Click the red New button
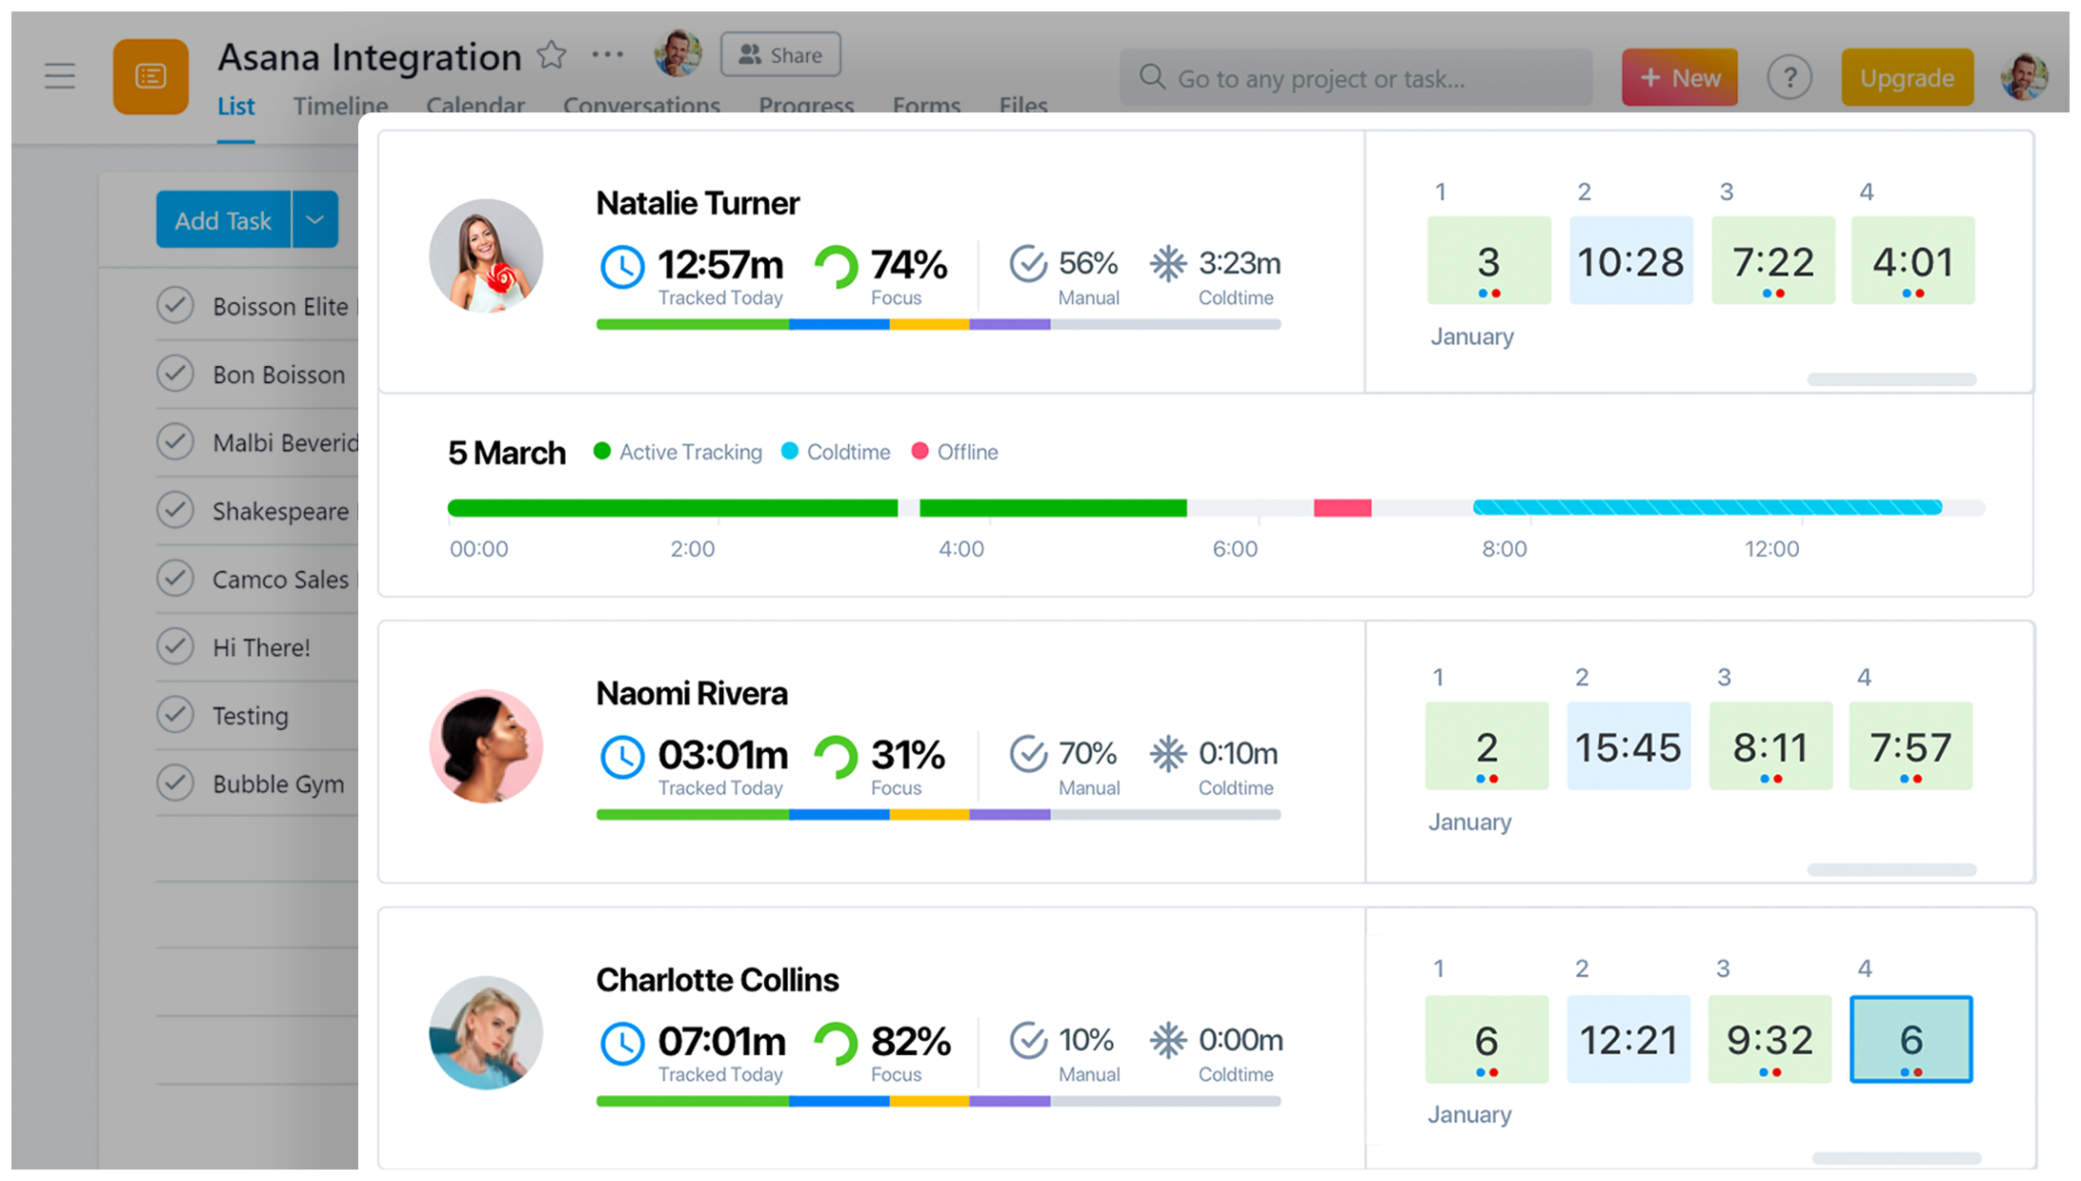coord(1679,78)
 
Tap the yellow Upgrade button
coord(1907,78)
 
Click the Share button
coord(780,55)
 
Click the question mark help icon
coord(1789,78)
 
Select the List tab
coord(235,107)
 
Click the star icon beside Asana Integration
coord(552,55)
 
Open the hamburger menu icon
coord(60,76)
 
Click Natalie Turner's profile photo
coord(486,256)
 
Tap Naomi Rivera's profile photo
coord(486,746)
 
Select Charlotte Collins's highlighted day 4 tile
coord(1910,1039)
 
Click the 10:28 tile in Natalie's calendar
coord(1630,261)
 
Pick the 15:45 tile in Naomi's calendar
coord(1628,746)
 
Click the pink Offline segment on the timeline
coord(1342,508)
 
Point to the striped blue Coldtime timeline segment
coord(1707,508)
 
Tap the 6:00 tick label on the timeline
coord(1235,549)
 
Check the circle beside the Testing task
coord(175,715)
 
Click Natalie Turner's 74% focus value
coord(908,265)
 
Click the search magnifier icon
coord(1152,77)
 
